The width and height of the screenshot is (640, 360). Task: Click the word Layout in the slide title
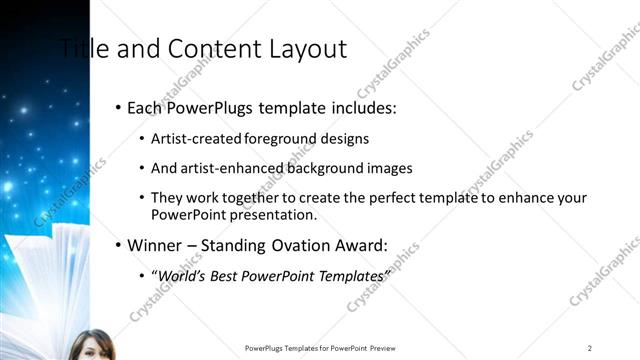click(x=302, y=49)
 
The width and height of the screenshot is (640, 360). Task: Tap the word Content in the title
click(x=211, y=49)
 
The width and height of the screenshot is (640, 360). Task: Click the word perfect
click(x=399, y=198)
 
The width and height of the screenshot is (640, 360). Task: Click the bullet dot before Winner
click(x=118, y=245)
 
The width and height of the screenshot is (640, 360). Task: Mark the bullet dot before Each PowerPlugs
click(x=118, y=106)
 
